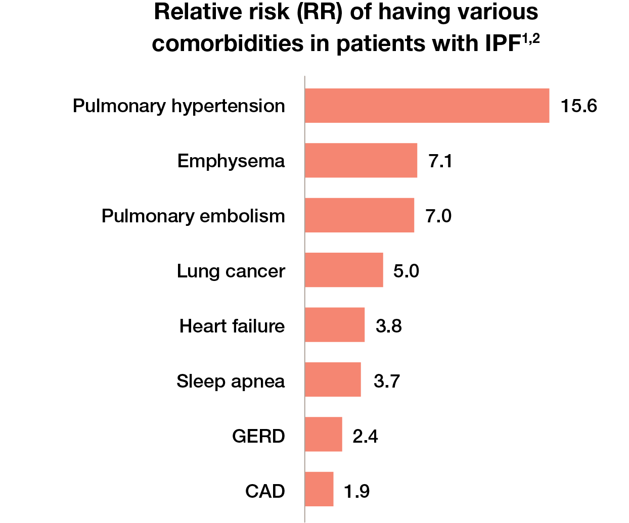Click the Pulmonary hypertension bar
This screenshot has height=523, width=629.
pyautogui.click(x=427, y=106)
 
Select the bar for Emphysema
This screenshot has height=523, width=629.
pyautogui.click(x=361, y=161)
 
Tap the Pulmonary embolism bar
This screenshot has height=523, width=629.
pyautogui.click(x=359, y=215)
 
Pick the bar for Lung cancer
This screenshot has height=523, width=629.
pyautogui.click(x=344, y=270)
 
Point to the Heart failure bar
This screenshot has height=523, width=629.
pyautogui.click(x=334, y=325)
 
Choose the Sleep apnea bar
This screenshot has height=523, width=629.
pyautogui.click(x=333, y=379)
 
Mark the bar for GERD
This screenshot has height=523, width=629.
pyautogui.click(x=323, y=435)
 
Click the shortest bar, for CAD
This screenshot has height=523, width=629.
pyautogui.click(x=319, y=489)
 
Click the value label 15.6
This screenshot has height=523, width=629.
pyautogui.click(x=578, y=106)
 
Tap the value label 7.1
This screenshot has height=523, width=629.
pyautogui.click(x=440, y=161)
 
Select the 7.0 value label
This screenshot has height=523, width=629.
pyautogui.click(x=438, y=216)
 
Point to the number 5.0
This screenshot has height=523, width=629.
pyautogui.click(x=406, y=271)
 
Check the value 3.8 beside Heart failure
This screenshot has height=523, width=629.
pyautogui.click(x=388, y=326)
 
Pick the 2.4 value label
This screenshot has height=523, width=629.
pyautogui.click(x=365, y=436)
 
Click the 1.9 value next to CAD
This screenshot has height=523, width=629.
pyautogui.click(x=356, y=491)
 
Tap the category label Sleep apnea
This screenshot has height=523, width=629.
pyautogui.click(x=231, y=382)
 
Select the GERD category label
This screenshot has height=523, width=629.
pyautogui.click(x=258, y=436)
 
